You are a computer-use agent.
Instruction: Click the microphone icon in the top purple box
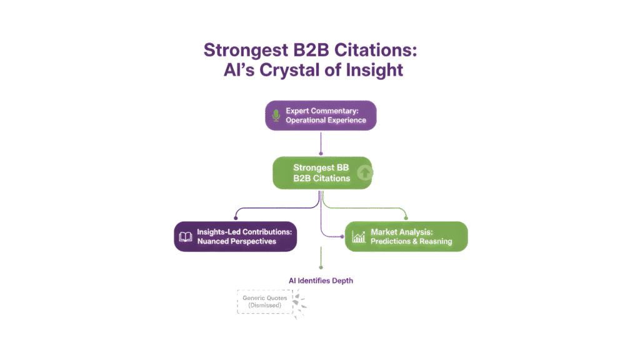276,116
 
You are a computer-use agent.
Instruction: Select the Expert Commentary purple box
321,116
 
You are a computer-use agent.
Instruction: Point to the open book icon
186,237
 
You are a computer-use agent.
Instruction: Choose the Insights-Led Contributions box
236,236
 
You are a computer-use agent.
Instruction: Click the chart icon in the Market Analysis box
358,237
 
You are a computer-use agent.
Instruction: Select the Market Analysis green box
406,236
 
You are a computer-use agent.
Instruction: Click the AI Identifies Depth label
321,281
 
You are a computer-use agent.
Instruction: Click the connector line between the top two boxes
321,143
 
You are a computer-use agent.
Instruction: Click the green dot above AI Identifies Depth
321,267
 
